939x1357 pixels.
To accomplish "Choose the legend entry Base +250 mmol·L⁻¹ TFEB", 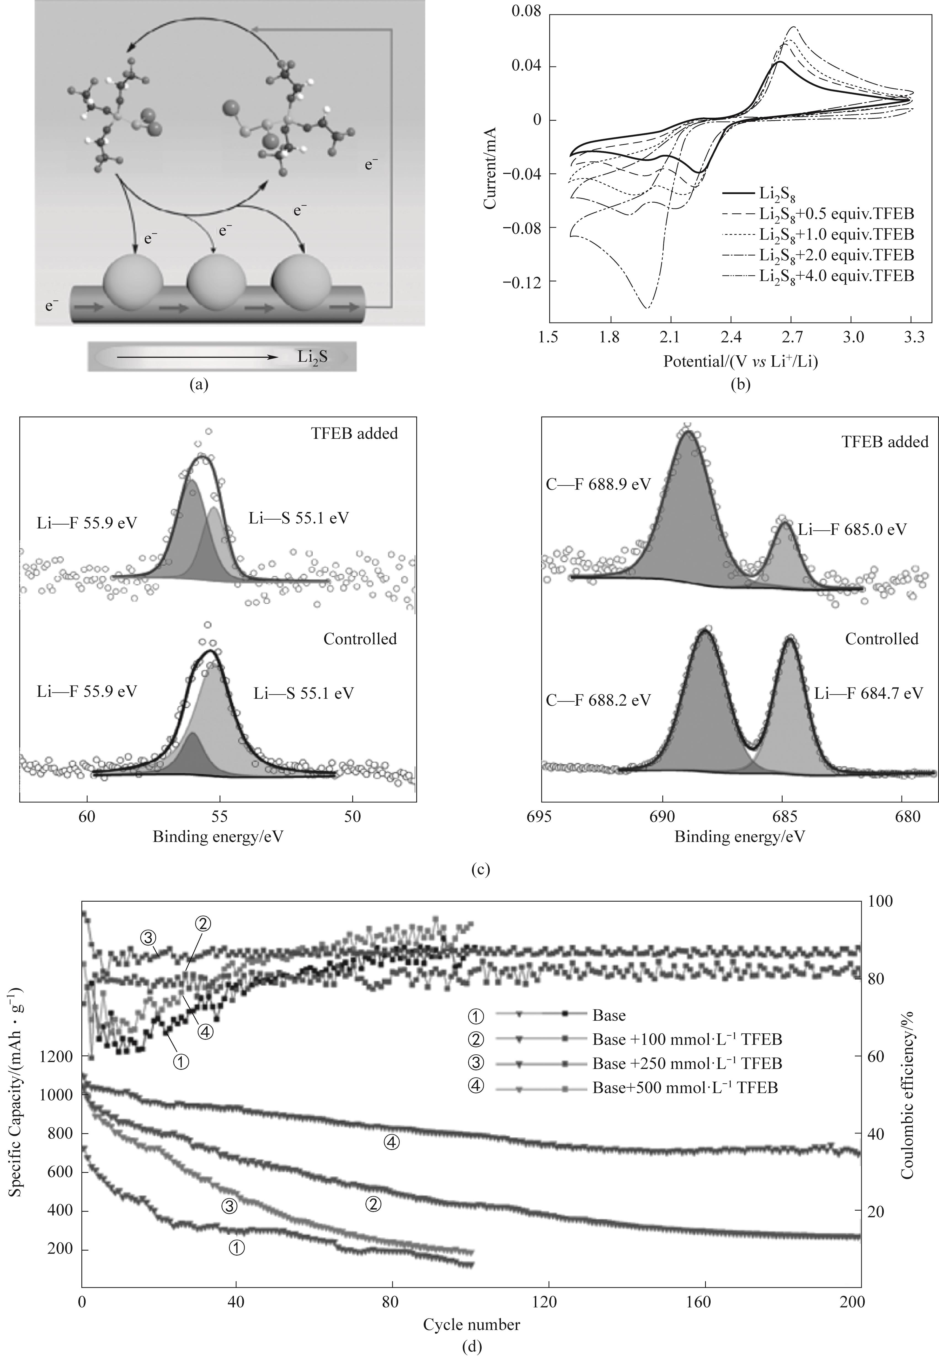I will coord(687,1063).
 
